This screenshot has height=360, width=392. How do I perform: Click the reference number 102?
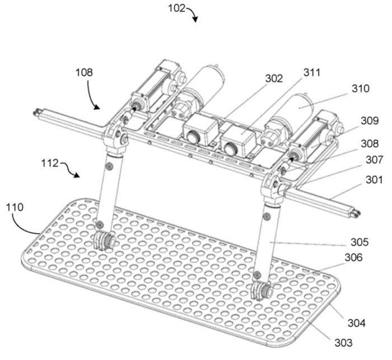click(x=176, y=8)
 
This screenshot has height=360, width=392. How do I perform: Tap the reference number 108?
click(x=84, y=72)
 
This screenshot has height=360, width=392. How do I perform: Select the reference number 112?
click(x=50, y=163)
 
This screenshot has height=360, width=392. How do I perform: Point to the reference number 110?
click(x=15, y=207)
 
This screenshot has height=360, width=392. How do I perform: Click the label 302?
click(x=274, y=79)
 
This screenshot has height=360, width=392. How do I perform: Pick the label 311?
click(x=312, y=72)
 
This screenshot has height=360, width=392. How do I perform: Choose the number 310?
click(x=360, y=88)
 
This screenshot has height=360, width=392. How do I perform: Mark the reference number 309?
click(x=370, y=121)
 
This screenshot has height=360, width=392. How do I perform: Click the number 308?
click(x=370, y=144)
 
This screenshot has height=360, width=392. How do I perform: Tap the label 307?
click(x=374, y=160)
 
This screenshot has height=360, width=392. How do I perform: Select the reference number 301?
click(x=374, y=180)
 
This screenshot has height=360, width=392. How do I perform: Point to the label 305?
click(x=360, y=242)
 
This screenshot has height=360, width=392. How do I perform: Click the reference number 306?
click(x=353, y=257)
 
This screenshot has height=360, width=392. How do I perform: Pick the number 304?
click(x=357, y=323)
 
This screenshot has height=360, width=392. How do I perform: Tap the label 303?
click(x=343, y=343)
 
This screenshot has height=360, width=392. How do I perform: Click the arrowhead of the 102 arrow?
click(x=195, y=20)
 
